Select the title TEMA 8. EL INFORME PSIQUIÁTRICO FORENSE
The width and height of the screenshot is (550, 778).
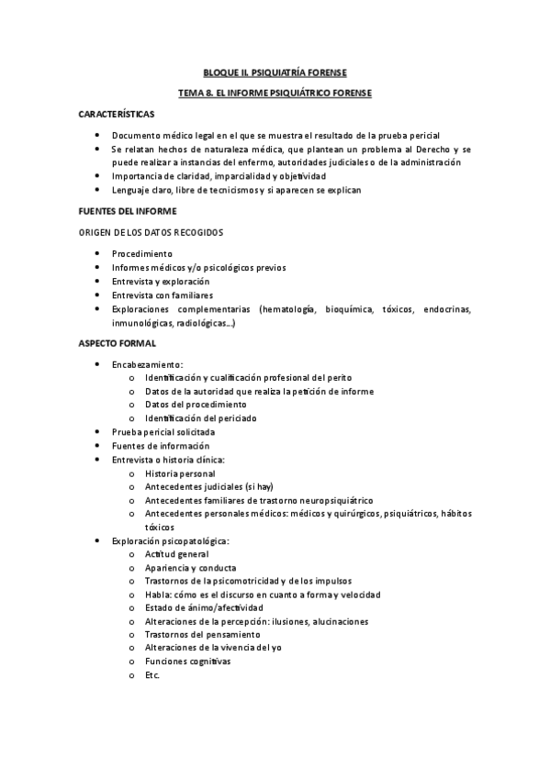275,93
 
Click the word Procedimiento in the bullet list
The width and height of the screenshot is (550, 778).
141,253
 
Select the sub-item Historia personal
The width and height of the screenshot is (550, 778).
180,473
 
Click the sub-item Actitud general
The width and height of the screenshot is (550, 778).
176,554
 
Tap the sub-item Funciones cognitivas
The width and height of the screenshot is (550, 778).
187,661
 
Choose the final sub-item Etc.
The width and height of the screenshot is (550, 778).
152,675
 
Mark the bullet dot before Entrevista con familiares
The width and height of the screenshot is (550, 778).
97,295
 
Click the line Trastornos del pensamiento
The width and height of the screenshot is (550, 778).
202,635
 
